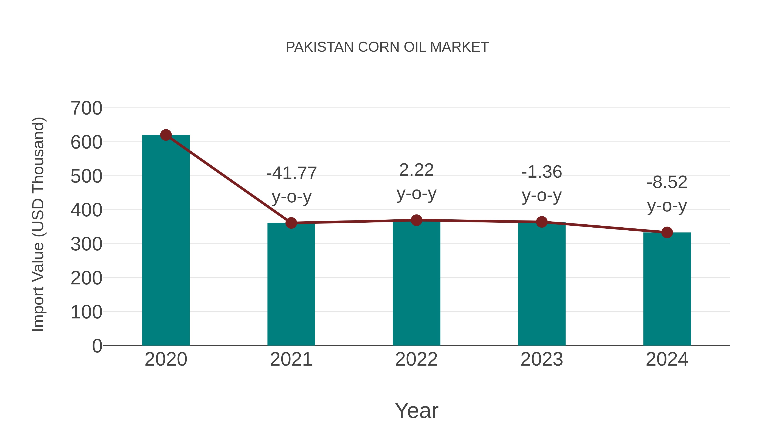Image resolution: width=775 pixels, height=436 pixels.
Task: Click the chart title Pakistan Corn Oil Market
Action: [387, 47]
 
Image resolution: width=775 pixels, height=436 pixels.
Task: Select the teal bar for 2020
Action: [166, 241]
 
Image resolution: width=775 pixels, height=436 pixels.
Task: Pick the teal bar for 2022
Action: [416, 283]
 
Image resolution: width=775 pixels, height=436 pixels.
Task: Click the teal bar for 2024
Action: [667, 289]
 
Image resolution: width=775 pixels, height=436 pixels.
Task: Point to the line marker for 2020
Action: [166, 135]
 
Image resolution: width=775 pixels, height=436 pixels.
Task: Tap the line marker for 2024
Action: [667, 232]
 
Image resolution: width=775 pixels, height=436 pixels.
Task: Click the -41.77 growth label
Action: [291, 173]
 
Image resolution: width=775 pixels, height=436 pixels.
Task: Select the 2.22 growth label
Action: [416, 170]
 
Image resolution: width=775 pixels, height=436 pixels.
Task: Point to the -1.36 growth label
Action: [542, 172]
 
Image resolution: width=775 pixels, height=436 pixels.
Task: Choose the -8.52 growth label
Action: [667, 182]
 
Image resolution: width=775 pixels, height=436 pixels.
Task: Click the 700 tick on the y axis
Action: [86, 108]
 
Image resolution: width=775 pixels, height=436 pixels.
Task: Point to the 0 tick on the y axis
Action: [97, 346]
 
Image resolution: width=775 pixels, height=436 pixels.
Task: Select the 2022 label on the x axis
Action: [416, 359]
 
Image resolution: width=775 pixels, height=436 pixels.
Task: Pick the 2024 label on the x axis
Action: [667, 359]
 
